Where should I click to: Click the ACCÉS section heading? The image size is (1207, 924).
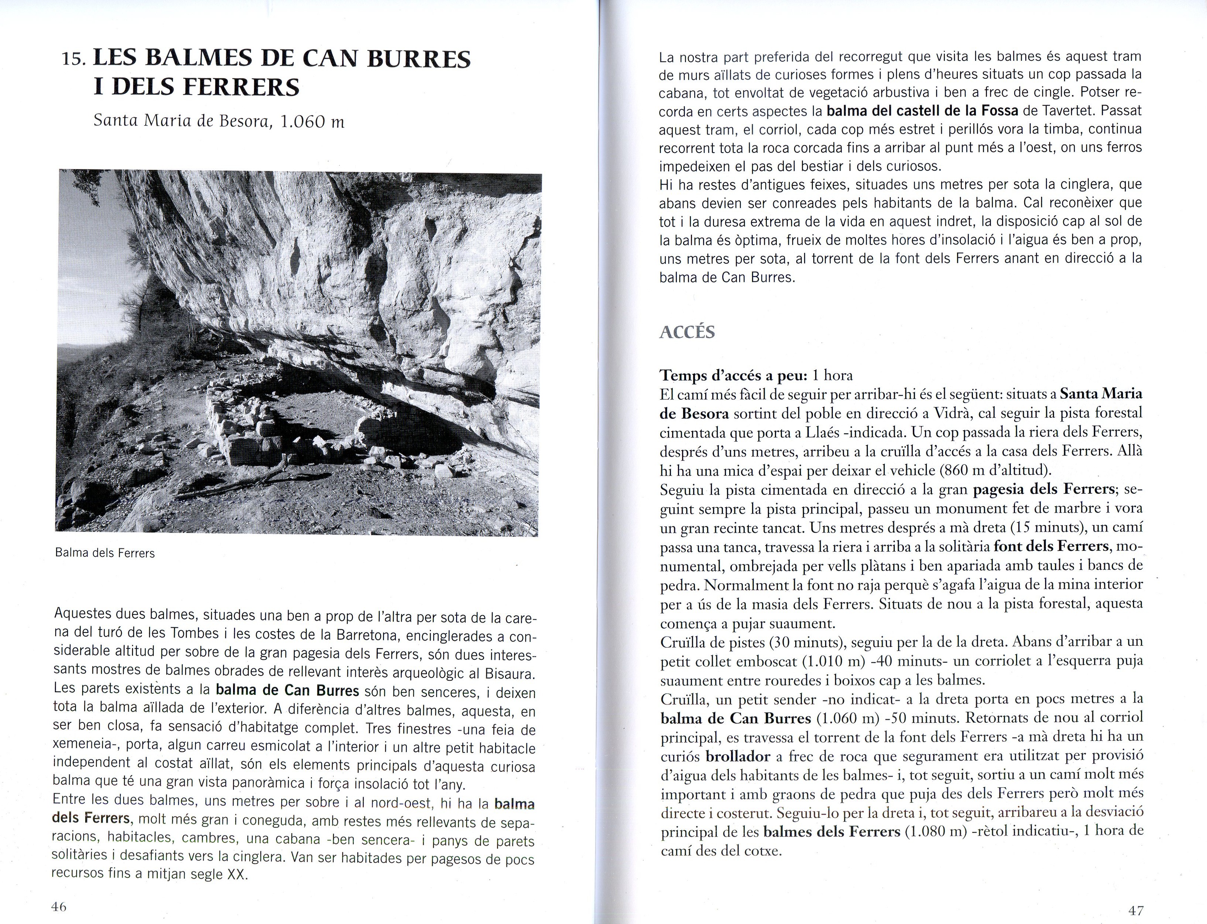[x=687, y=332]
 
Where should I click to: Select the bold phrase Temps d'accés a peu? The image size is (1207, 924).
[x=733, y=376]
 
